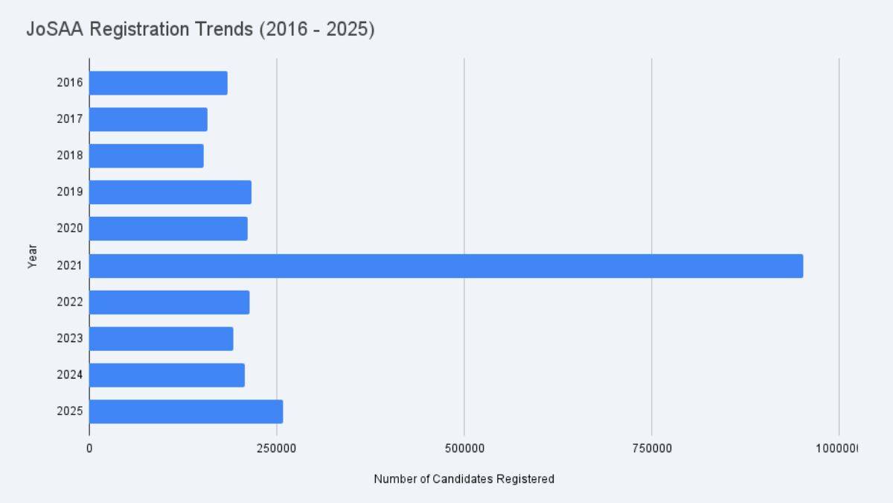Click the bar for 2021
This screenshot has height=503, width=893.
point(446,266)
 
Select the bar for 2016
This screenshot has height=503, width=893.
point(158,83)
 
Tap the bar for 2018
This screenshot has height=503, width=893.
point(146,156)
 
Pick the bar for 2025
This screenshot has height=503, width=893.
point(186,411)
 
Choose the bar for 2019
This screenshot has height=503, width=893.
point(170,192)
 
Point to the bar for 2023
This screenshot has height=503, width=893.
point(161,338)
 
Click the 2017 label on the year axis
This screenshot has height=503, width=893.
point(69,119)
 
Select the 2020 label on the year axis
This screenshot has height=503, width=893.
point(69,229)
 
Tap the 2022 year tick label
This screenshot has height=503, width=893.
point(69,302)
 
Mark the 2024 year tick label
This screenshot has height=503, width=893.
point(69,375)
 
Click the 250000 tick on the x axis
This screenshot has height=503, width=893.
point(276,449)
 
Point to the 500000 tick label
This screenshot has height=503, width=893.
point(464,449)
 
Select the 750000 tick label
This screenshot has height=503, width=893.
point(651,449)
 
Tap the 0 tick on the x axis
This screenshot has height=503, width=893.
point(89,449)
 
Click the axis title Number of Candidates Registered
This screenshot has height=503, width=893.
point(464,479)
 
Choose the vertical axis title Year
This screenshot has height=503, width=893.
point(32,258)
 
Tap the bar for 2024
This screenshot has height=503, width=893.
point(167,375)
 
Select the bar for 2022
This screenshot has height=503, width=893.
point(169,302)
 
